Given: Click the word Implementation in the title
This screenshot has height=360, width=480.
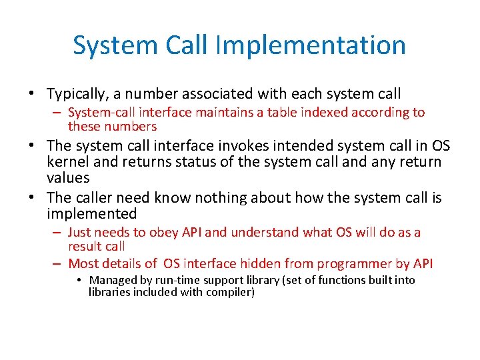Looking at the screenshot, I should [x=311, y=45].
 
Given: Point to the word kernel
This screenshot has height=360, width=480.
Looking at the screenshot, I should [x=67, y=162].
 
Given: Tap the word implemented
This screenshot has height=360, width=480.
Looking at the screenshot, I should [x=91, y=214].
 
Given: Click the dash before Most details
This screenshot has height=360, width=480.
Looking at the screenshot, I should [x=58, y=263].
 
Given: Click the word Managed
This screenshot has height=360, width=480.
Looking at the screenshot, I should [x=113, y=280].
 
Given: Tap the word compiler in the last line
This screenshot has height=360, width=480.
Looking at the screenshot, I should [x=229, y=292].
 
